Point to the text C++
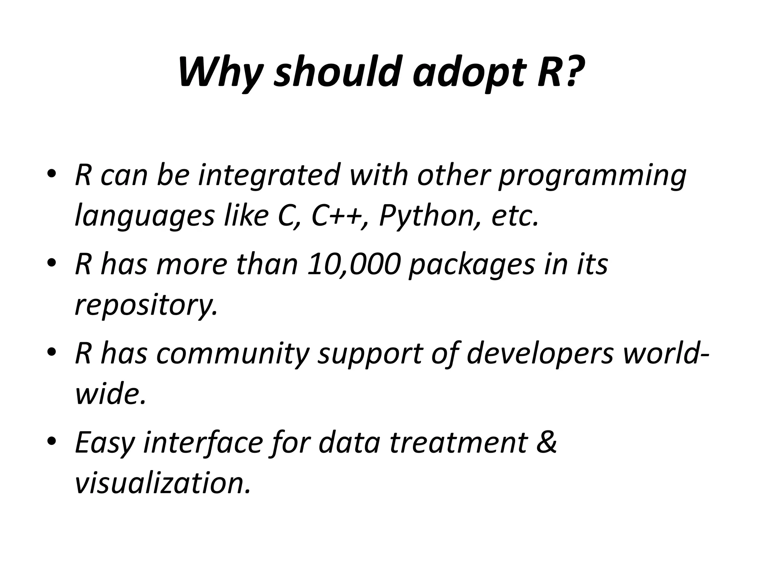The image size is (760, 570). [x=336, y=216]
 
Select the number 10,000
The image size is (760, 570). [x=354, y=265]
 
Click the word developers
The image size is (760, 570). [x=540, y=354]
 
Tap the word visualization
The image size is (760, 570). [x=162, y=483]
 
